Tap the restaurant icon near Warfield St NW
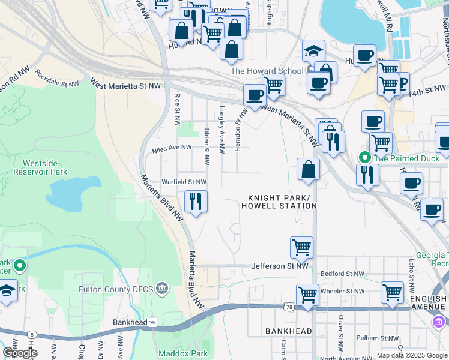click(194, 201)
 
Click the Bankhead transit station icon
click(153, 322)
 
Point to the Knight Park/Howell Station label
click(279, 202)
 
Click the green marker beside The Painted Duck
click(364, 158)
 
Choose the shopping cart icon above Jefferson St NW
click(301, 247)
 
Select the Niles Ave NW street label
click(172, 148)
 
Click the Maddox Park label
click(183, 353)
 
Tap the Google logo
click(19, 353)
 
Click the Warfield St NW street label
click(184, 182)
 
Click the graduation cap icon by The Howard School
click(313, 52)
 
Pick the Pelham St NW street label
click(376, 338)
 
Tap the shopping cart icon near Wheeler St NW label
click(307, 295)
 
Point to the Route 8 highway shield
click(32, 334)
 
